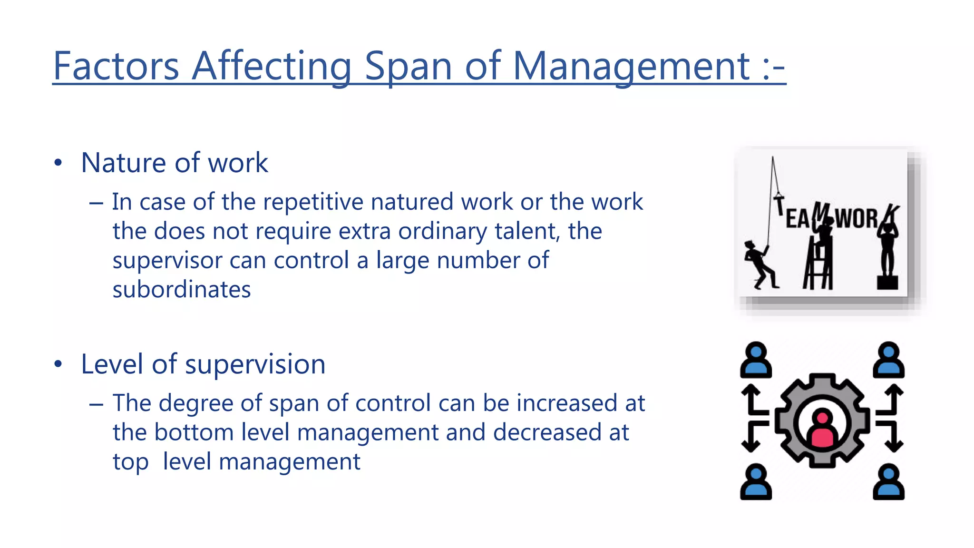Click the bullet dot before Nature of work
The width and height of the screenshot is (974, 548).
pyautogui.click(x=58, y=163)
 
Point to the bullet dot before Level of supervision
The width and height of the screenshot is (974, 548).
pyautogui.click(x=58, y=364)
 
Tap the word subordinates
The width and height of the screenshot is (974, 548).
pyautogui.click(x=182, y=290)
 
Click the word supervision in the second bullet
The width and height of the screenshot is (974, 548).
pyautogui.click(x=255, y=364)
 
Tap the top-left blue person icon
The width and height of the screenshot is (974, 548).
pyautogui.click(x=756, y=360)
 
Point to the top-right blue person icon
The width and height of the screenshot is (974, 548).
pyautogui.click(x=888, y=360)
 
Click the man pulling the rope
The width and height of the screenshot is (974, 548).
pyautogui.click(x=759, y=265)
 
